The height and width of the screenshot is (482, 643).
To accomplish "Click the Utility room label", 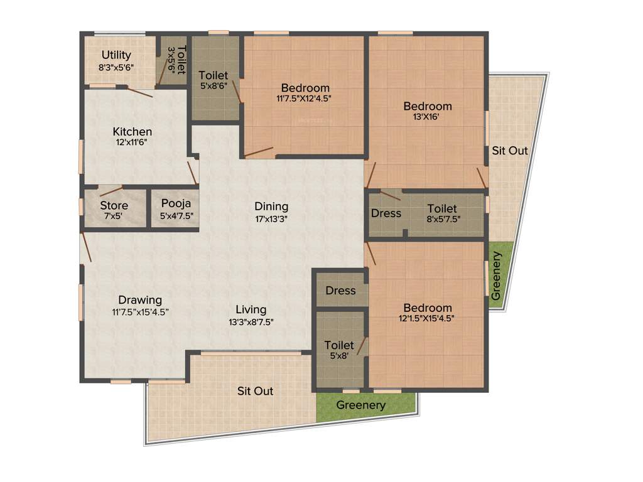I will click(x=116, y=55).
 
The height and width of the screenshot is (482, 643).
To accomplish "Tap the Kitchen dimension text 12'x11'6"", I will click(x=132, y=142).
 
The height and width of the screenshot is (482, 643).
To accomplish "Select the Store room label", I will click(x=114, y=205).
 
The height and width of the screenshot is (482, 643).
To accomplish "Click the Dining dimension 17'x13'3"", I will click(x=271, y=219).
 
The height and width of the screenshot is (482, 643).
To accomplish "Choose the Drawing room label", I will click(x=140, y=300).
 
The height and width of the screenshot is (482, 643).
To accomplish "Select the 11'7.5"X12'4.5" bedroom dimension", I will click(x=305, y=99).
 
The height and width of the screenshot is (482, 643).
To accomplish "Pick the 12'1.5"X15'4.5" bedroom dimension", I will click(x=427, y=319).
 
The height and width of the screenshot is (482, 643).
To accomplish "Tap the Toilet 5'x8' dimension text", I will click(x=339, y=356).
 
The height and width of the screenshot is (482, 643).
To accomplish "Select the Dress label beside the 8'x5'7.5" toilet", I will click(x=386, y=213).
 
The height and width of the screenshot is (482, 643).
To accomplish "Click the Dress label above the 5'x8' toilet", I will click(x=340, y=291).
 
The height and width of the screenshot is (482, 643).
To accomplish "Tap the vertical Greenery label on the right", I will click(x=497, y=276).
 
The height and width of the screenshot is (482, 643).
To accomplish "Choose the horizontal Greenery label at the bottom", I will click(x=361, y=405).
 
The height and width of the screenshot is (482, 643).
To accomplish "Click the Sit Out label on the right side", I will click(x=510, y=151).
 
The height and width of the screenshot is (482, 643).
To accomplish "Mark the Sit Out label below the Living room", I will click(x=255, y=391).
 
